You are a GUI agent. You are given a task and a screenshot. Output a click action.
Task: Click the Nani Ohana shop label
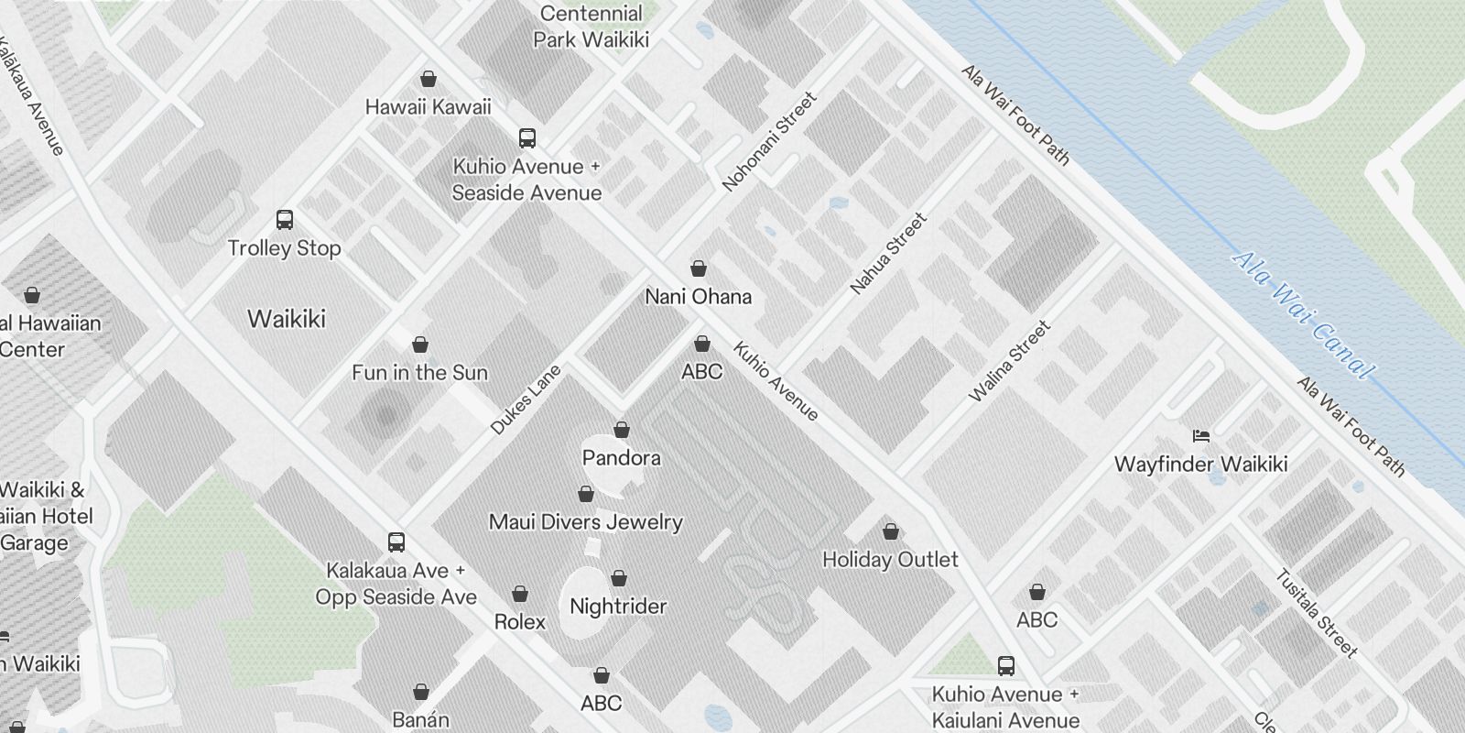pyautogui.click(x=698, y=297)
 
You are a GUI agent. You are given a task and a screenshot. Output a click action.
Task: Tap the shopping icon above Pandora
pyautogui.click(x=622, y=430)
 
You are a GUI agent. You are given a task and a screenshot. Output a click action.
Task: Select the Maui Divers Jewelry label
pyautogui.click(x=586, y=522)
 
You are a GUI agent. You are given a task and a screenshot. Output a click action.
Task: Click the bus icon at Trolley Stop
pyautogui.click(x=285, y=220)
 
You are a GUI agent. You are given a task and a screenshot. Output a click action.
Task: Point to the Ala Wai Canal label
pyautogui.click(x=1303, y=314)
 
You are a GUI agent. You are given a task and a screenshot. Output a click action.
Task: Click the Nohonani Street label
pyautogui.click(x=768, y=142)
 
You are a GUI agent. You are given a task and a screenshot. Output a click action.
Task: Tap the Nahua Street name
pyautogui.click(x=888, y=254)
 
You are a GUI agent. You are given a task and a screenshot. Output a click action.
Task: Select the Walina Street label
pyautogui.click(x=1010, y=361)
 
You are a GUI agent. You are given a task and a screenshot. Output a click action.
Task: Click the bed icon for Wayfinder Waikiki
pyautogui.click(x=1201, y=435)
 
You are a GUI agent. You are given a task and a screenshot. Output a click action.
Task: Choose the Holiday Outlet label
pyautogui.click(x=890, y=560)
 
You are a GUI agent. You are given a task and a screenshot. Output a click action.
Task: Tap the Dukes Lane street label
pyautogui.click(x=526, y=399)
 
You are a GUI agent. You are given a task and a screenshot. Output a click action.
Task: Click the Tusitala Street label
pyautogui.click(x=1316, y=613)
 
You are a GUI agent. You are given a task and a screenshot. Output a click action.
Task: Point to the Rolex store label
pyautogui.click(x=520, y=622)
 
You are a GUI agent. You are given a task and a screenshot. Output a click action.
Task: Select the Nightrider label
pyautogui.click(x=618, y=607)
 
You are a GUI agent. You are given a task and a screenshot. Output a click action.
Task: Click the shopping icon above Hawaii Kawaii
pyautogui.click(x=428, y=80)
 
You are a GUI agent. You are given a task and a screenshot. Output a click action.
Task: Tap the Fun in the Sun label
pyautogui.click(x=420, y=373)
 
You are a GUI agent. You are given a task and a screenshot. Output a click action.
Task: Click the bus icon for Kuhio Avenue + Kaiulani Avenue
pyautogui.click(x=1006, y=665)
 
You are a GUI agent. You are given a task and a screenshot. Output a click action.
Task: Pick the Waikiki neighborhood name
pyautogui.click(x=287, y=319)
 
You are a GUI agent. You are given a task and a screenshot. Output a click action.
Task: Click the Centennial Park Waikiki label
pyautogui.click(x=591, y=27)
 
